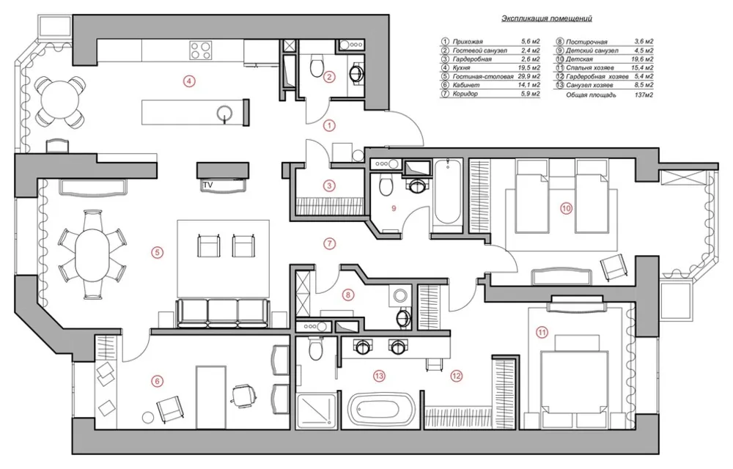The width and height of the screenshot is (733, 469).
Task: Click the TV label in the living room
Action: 208,185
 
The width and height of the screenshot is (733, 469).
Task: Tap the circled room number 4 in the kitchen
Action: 188,81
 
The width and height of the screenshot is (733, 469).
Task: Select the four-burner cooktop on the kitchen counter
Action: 201,50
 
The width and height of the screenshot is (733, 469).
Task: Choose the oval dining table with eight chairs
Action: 92,254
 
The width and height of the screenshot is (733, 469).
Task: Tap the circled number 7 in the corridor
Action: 330,243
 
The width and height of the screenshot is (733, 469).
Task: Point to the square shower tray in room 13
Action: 316,410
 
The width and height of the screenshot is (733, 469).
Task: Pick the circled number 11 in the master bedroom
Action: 542,333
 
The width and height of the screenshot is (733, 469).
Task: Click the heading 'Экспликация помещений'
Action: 547,18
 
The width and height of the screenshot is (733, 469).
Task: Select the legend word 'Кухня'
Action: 461,67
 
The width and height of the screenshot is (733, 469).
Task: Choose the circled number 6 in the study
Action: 158,381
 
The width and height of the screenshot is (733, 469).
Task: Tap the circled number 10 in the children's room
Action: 567,208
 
